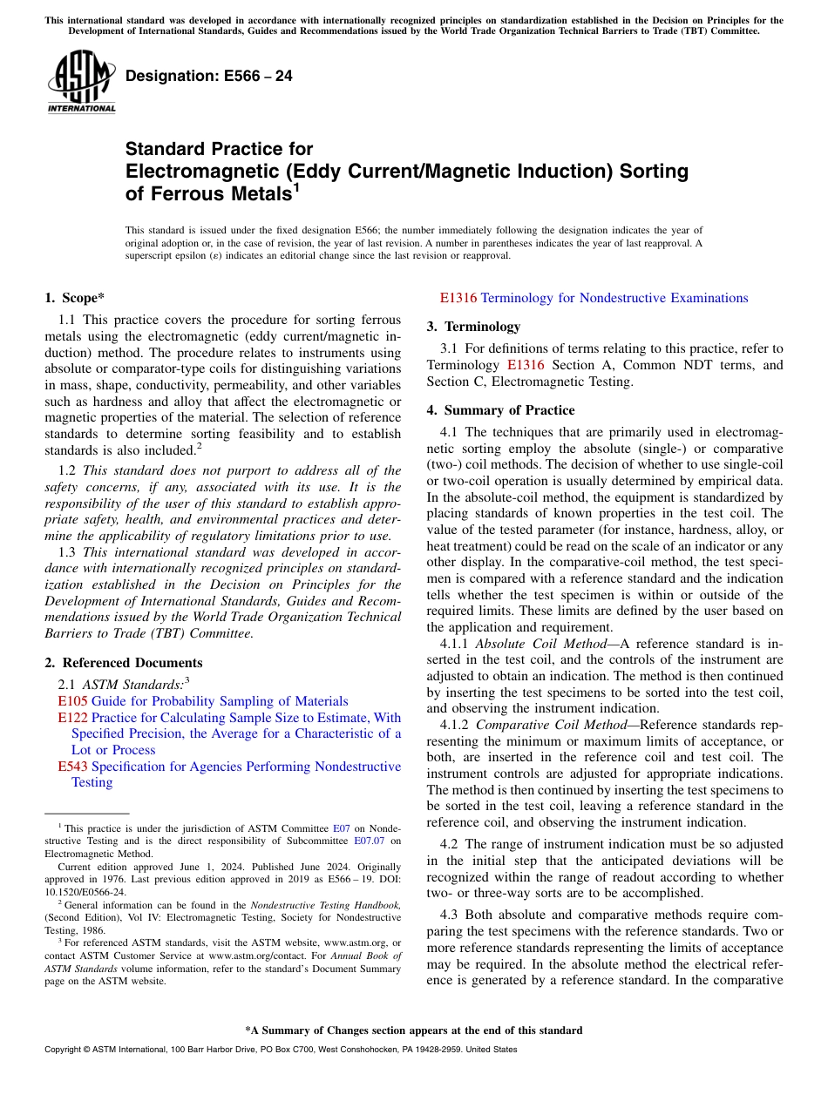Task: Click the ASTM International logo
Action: tap(81, 82)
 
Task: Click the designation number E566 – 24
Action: tap(209, 77)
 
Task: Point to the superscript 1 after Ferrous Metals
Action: tap(296, 187)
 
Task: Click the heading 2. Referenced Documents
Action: tap(123, 663)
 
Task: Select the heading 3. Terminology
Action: tap(473, 327)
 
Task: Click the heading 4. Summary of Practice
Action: tap(500, 410)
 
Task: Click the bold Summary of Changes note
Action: tap(413, 1030)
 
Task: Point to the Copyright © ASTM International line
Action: tap(280, 1050)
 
